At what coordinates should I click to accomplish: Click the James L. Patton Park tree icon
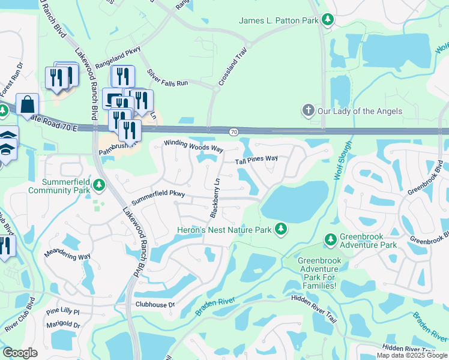[x=328, y=20]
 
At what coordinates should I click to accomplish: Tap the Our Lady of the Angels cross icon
[x=308, y=110]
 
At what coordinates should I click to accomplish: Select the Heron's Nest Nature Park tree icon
[x=280, y=229]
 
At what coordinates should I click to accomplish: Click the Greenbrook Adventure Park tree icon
[x=330, y=239]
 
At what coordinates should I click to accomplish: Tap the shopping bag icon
[x=27, y=104]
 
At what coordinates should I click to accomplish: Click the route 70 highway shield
[x=232, y=131]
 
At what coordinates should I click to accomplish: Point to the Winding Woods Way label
[x=194, y=146]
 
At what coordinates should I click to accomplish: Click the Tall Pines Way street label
[x=256, y=160]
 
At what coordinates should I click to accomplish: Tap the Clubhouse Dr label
[x=154, y=305]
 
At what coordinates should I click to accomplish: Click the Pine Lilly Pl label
[x=63, y=313]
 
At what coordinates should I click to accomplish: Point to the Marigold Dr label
[x=64, y=325]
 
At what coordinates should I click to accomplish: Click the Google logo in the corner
[x=20, y=353]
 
